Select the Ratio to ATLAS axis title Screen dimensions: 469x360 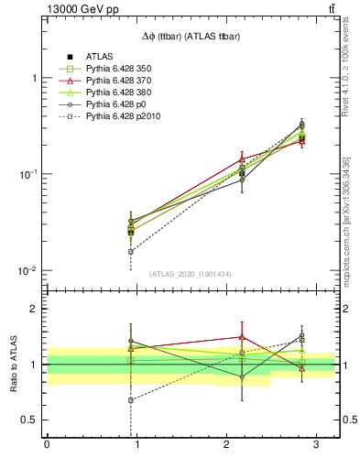(x=12, y=364)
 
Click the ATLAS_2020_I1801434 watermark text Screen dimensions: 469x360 (x=190, y=274)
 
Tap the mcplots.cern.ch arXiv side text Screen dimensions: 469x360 (x=345, y=220)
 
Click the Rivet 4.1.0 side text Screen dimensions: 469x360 (x=345, y=80)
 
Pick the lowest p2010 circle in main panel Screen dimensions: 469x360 (x=131, y=251)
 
